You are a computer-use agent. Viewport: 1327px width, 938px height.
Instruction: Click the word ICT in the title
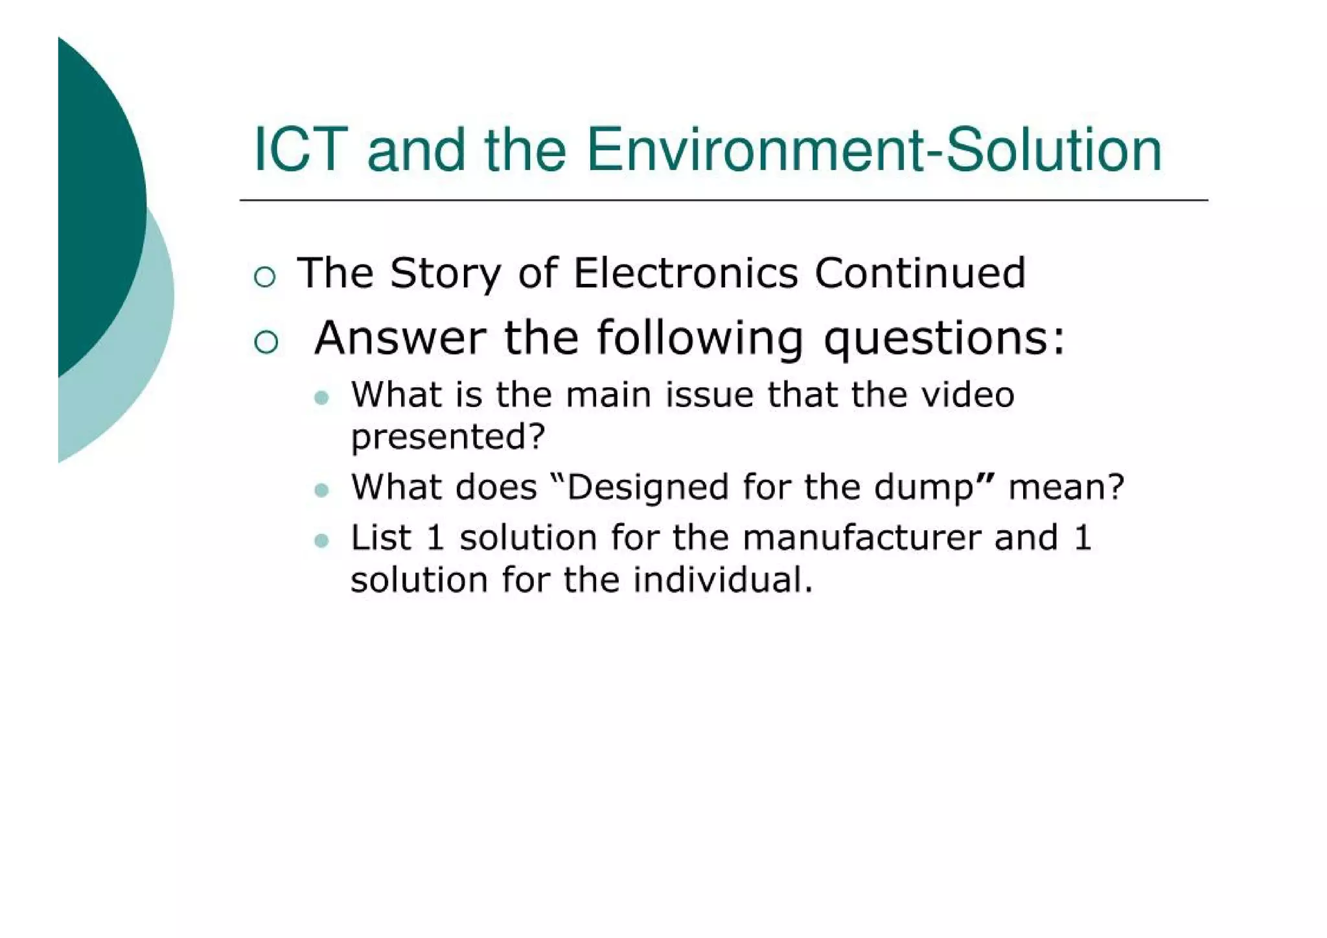point(301,150)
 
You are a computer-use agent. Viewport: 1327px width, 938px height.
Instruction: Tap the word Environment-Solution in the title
point(874,150)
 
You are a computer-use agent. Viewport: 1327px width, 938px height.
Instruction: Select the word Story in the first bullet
point(445,274)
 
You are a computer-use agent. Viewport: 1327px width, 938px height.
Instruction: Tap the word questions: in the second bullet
point(944,340)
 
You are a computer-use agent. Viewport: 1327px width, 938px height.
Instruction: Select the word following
point(700,340)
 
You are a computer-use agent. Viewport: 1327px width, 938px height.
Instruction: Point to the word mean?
point(1066,487)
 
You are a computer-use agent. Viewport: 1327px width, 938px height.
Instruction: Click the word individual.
point(722,580)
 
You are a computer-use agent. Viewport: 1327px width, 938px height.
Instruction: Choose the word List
point(381,538)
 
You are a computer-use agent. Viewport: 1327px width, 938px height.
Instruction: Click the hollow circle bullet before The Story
point(265,277)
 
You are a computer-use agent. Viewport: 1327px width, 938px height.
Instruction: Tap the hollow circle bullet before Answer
point(266,342)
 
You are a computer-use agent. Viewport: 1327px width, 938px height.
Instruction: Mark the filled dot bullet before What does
point(321,490)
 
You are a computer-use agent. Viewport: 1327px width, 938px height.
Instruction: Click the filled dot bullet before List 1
point(321,541)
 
